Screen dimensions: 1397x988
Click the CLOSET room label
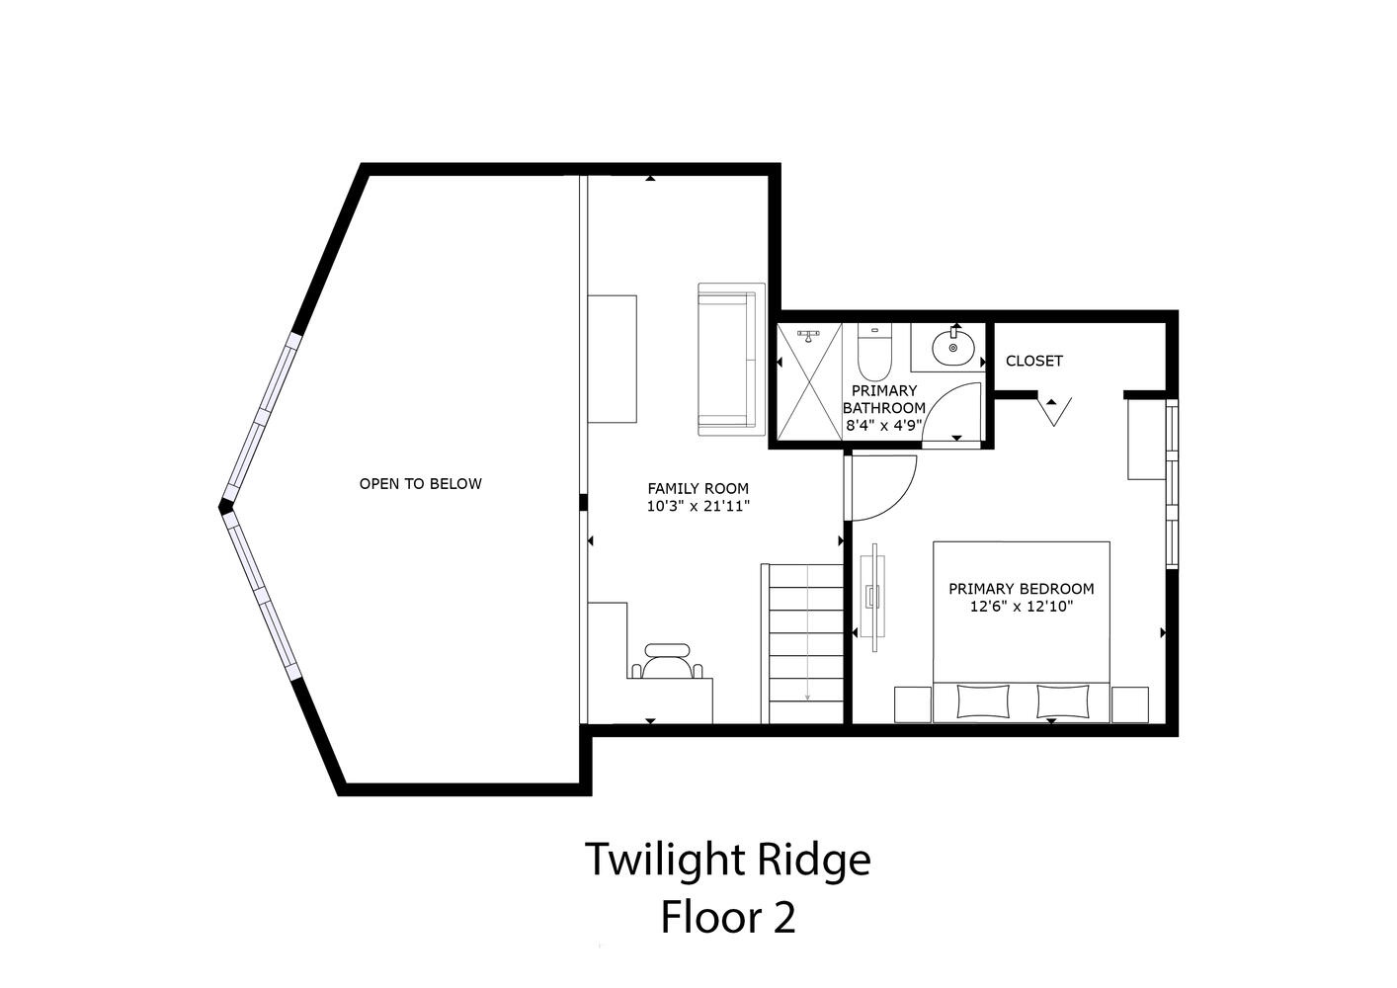pos(1034,361)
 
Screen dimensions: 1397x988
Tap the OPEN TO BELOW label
pos(420,483)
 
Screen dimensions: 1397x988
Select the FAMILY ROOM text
pos(698,488)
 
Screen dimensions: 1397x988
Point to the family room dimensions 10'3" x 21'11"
pos(698,506)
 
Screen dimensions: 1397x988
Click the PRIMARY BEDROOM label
pos(1021,588)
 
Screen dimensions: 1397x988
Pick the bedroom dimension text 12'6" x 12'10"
pos(1021,606)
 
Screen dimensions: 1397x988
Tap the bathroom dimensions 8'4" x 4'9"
pos(883,426)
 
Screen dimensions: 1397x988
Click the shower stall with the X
pos(810,381)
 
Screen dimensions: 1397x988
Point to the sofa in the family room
pos(731,359)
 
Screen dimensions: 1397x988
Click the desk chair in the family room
pos(667,662)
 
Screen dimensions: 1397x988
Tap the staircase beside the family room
pos(802,643)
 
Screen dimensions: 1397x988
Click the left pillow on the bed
pos(983,701)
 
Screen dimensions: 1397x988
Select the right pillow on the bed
pos(1063,701)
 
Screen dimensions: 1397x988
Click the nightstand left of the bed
pos(914,704)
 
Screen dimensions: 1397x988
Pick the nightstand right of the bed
pos(1129,704)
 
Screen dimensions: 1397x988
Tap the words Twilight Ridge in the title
pos(728,860)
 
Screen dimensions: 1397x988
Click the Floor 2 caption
pos(728,918)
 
